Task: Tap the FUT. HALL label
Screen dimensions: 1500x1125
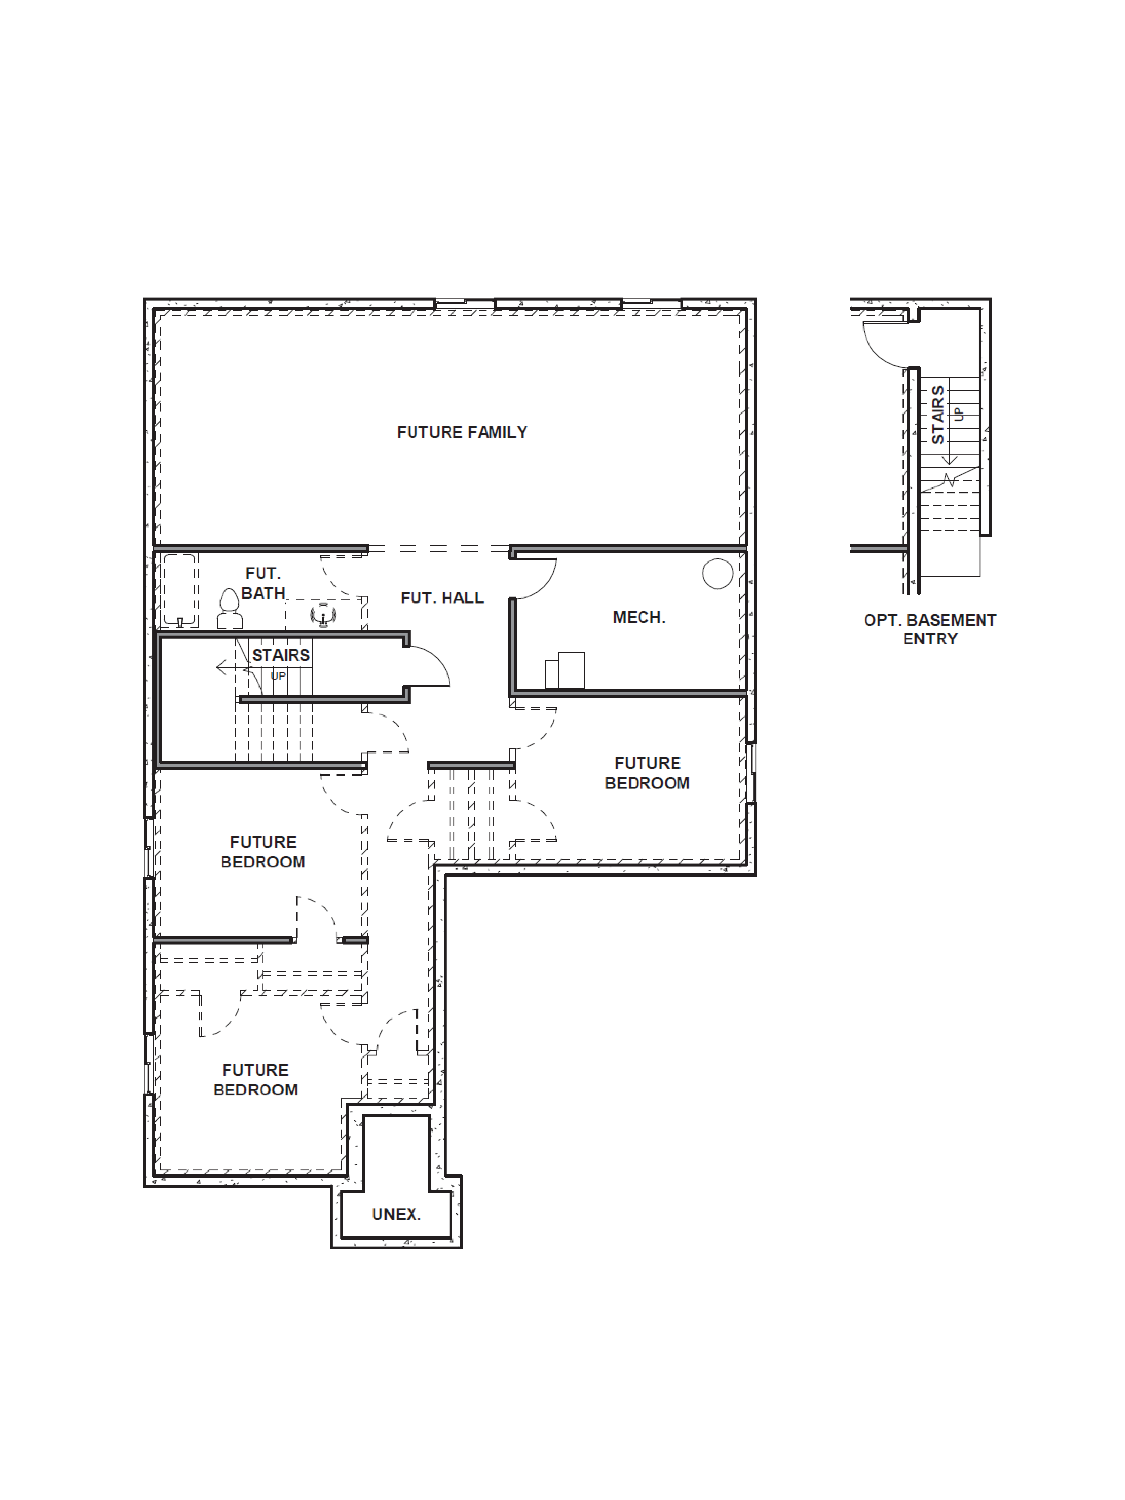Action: click(441, 597)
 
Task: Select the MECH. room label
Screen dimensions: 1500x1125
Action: click(639, 617)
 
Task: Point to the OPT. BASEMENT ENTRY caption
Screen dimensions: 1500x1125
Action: click(930, 629)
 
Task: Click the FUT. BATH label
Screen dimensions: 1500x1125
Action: click(263, 583)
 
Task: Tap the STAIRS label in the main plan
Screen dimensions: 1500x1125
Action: click(281, 655)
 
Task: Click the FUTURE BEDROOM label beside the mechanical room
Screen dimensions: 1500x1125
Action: click(647, 773)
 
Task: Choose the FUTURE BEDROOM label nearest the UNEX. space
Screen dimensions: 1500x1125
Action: click(255, 1079)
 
